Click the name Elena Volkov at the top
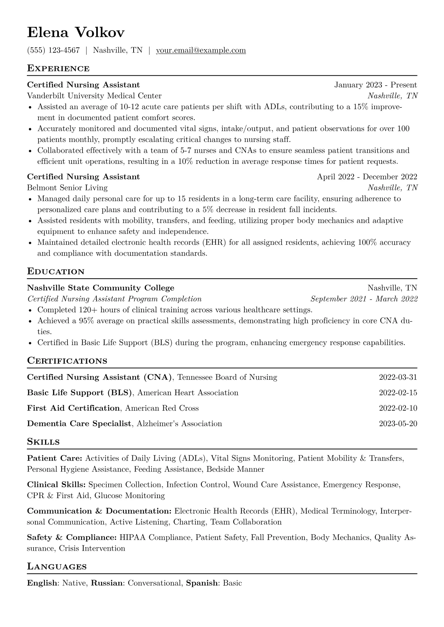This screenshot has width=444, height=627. [76, 33]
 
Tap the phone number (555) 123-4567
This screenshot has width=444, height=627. [53, 50]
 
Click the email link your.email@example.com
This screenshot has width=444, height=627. [201, 50]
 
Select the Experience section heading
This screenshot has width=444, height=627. [58, 69]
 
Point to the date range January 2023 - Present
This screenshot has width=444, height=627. [375, 85]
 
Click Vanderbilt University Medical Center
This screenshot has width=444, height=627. [94, 96]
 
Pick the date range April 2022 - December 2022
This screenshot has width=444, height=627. [367, 177]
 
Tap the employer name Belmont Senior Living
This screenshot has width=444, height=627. [67, 188]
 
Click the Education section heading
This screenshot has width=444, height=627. [56, 272]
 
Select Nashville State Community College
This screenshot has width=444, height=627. [101, 288]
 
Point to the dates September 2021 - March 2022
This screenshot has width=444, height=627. [364, 299]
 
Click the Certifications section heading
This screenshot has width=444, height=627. [67, 361]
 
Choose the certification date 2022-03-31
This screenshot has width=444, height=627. [398, 377]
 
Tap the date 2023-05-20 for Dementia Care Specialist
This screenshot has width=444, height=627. [398, 424]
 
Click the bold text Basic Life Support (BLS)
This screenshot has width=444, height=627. [80, 393]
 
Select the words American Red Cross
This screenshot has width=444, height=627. [162, 408]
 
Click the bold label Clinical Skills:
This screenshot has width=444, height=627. [56, 485]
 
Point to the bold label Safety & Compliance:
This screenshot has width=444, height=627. [72, 538]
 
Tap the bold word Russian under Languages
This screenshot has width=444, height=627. [107, 583]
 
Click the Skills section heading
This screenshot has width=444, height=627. [43, 442]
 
